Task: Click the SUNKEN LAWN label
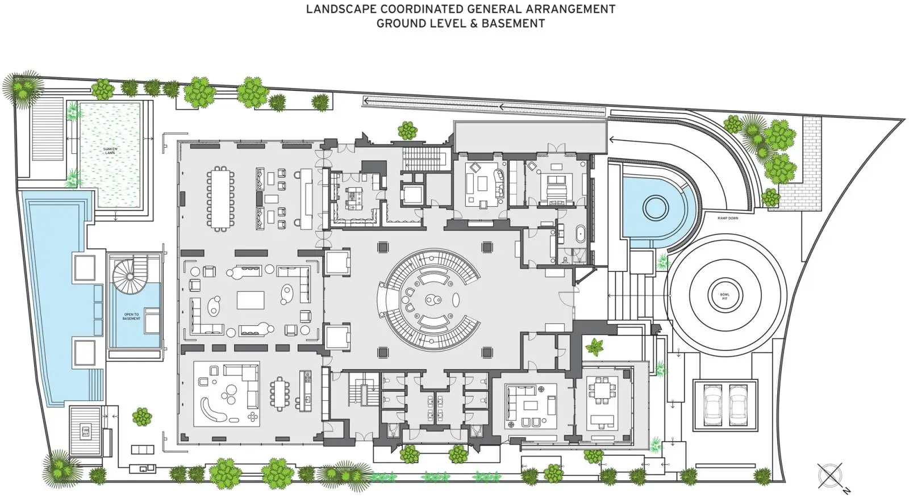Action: [110, 151]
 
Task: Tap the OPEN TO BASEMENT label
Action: [131, 316]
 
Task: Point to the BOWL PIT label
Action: [724, 296]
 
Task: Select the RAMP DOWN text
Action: [728, 218]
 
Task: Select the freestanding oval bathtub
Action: [580, 235]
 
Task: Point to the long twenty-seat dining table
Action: [220, 198]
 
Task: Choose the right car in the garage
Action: [737, 404]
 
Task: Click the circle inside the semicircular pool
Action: [654, 206]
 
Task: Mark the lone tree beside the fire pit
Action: [142, 417]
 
